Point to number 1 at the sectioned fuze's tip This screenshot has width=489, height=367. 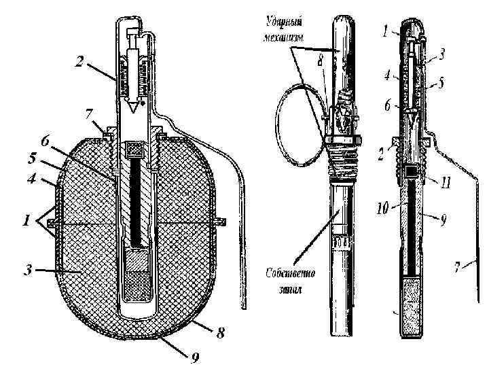[384, 31]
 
